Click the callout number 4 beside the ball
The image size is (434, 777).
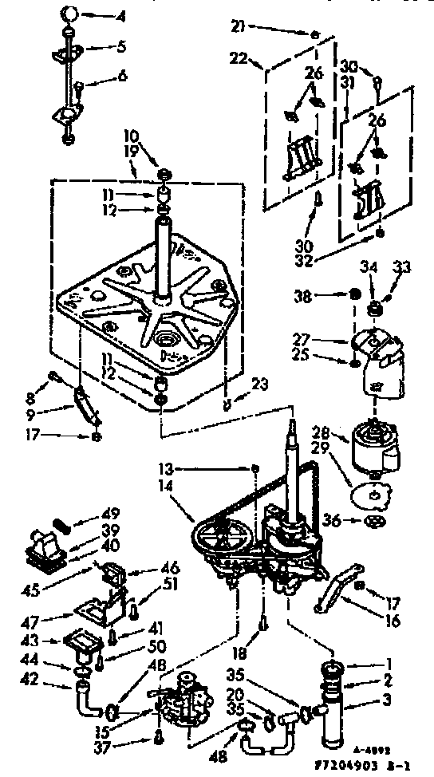(x=120, y=15)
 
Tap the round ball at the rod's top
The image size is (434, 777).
(x=70, y=14)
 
